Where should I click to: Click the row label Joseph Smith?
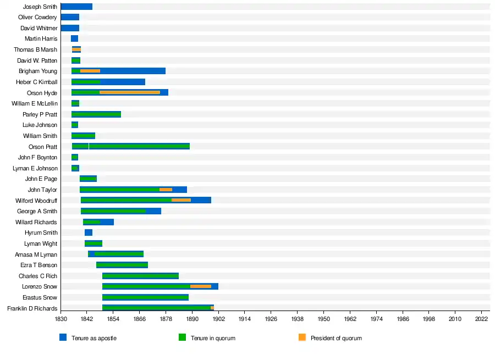tap(40, 7)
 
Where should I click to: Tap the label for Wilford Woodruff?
tap(36, 201)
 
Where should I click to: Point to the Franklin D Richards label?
tap(32, 308)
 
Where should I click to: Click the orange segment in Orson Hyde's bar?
tap(130, 92)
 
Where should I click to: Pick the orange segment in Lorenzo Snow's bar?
tap(201, 286)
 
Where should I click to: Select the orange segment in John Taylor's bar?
tap(166, 190)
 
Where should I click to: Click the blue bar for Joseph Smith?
tap(76, 7)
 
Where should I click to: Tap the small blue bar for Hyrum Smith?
tap(89, 232)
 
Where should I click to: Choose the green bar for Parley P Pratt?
tap(96, 114)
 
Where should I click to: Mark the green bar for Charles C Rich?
tap(140, 276)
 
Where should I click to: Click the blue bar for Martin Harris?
tap(74, 38)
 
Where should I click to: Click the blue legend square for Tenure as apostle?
tap(63, 337)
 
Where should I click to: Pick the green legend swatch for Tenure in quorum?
tap(182, 337)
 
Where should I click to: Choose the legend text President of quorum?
tap(336, 338)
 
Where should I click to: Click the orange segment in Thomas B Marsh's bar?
tap(76, 49)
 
